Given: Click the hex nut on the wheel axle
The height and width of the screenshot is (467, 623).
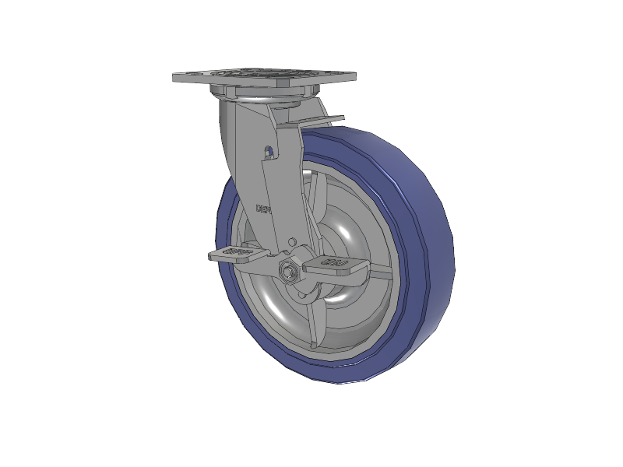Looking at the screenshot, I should pyautogui.click(x=288, y=272).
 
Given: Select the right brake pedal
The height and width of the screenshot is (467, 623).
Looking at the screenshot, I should pyautogui.click(x=335, y=265).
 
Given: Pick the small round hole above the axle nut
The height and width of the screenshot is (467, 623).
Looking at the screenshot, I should pyautogui.click(x=292, y=243).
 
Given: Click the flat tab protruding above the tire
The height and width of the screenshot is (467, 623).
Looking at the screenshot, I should pyautogui.click(x=319, y=121).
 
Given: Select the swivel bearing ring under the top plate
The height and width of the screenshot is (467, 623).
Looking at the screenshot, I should pyautogui.click(x=269, y=100).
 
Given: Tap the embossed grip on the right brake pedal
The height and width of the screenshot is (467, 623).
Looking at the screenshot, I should pyautogui.click(x=336, y=262).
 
